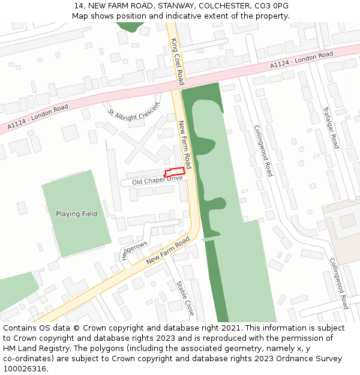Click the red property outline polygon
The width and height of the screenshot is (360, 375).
click(x=175, y=172)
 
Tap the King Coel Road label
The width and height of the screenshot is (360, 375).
click(x=177, y=62)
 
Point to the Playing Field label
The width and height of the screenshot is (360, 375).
click(x=76, y=214)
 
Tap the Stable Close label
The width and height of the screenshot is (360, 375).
click(x=185, y=298)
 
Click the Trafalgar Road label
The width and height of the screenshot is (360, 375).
click(x=331, y=128)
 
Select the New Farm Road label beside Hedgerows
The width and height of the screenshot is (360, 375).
click(x=172, y=250)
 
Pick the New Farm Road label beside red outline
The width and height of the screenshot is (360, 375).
click(x=185, y=144)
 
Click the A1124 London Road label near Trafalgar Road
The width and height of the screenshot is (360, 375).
click(x=301, y=61)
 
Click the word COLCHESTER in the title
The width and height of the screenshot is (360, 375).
click(x=221, y=5)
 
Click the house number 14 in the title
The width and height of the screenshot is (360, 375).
click(x=79, y=5)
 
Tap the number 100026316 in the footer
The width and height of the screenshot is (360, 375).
click(x=25, y=369)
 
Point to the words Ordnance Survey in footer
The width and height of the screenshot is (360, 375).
click(x=311, y=359)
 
